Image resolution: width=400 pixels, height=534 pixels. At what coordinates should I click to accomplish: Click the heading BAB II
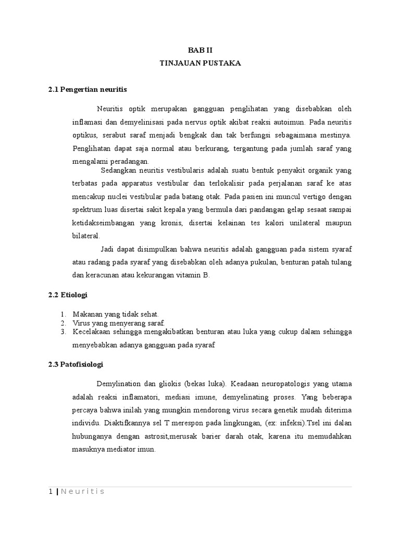tap(201, 50)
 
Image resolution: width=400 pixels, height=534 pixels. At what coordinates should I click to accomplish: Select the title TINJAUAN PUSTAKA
tap(200, 63)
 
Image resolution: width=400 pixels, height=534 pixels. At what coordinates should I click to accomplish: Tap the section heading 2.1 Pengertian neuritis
tap(87, 90)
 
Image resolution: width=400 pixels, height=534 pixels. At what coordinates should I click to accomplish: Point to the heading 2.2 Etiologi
tap(67, 295)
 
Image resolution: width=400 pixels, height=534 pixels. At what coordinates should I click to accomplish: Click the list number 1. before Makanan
tap(63, 314)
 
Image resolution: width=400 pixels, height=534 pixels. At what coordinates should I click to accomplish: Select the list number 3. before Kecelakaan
tap(63, 332)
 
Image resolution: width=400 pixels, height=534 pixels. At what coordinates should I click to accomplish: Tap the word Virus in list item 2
tap(82, 323)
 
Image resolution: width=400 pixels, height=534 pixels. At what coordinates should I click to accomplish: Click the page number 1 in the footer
tap(51, 492)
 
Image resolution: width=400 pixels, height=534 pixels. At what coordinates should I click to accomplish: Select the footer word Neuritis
tap(83, 492)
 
